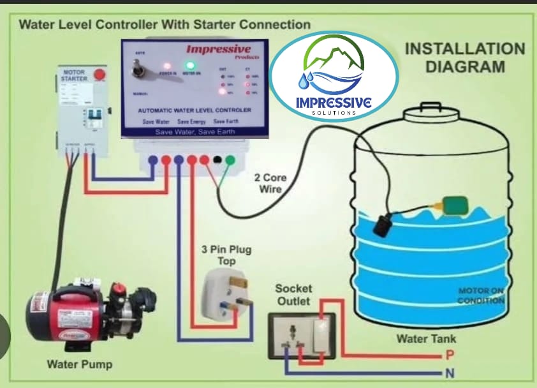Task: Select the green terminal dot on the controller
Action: pos(230,160)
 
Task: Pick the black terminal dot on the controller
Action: pos(217,160)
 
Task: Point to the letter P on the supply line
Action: pos(450,355)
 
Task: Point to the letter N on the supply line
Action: pos(450,373)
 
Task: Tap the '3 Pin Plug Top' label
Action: pos(218,255)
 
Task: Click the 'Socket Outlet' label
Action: pos(293,294)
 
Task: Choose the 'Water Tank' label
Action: pos(427,338)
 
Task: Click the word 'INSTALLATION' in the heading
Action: pos(465,49)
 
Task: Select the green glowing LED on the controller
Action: pos(189,65)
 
